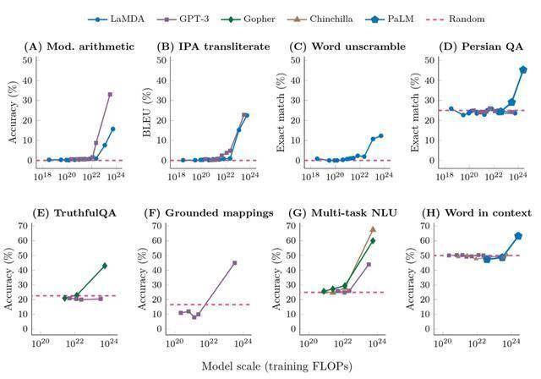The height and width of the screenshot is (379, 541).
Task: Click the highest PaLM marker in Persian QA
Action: tap(523, 69)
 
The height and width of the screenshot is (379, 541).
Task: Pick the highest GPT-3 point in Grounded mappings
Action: tap(234, 263)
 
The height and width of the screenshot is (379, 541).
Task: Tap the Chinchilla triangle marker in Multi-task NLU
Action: tap(373, 229)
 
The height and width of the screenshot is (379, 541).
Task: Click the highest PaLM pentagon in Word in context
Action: tap(518, 236)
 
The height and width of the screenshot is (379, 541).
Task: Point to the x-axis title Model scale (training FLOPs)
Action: tap(276, 365)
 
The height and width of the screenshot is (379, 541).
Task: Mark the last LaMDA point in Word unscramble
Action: tap(380, 135)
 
